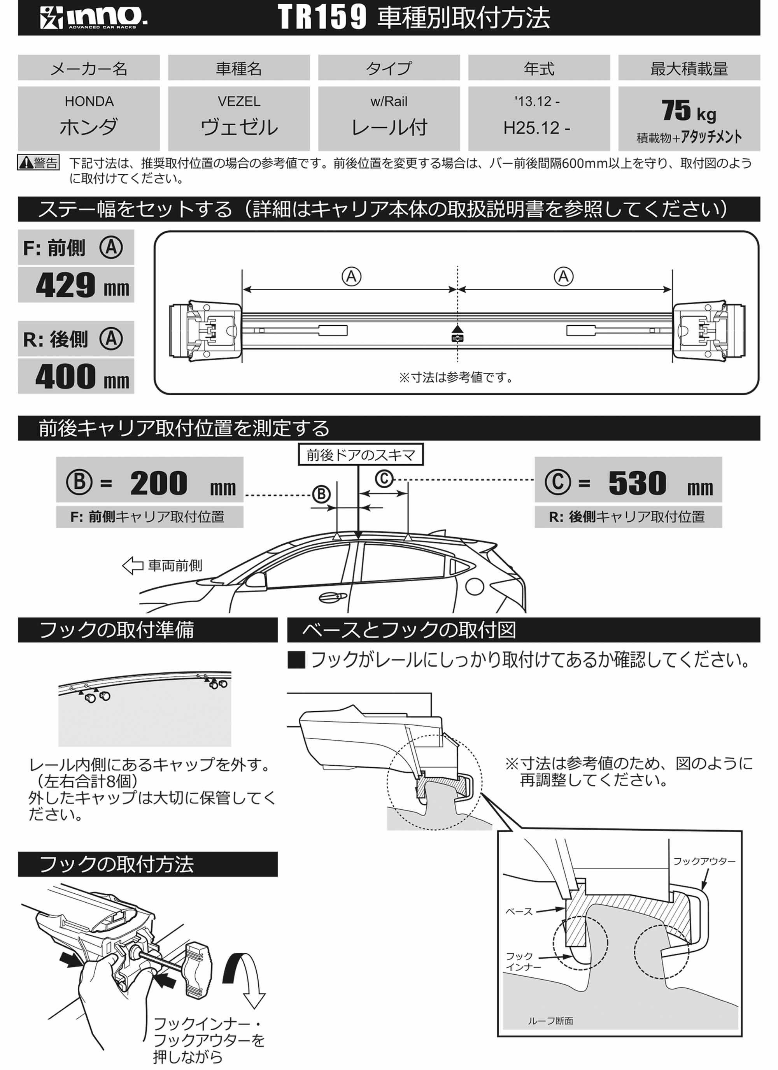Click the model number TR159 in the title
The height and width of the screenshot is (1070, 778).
[x=322, y=18]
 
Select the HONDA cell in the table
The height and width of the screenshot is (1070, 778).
[x=89, y=118]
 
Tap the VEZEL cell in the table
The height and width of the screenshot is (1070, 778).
[x=239, y=118]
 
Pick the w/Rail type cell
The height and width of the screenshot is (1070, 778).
[x=389, y=118]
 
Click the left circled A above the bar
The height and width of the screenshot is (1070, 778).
[x=351, y=277]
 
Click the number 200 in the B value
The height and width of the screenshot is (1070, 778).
[x=159, y=483]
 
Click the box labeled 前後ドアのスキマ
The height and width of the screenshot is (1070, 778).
[x=361, y=455]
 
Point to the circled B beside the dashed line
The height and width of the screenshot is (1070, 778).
[x=321, y=494]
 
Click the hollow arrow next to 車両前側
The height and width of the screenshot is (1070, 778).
[x=133, y=565]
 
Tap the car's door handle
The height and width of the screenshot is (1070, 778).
[x=332, y=597]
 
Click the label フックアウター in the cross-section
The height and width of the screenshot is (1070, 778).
[x=703, y=861]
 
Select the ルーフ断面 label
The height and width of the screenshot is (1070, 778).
[x=550, y=1021]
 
